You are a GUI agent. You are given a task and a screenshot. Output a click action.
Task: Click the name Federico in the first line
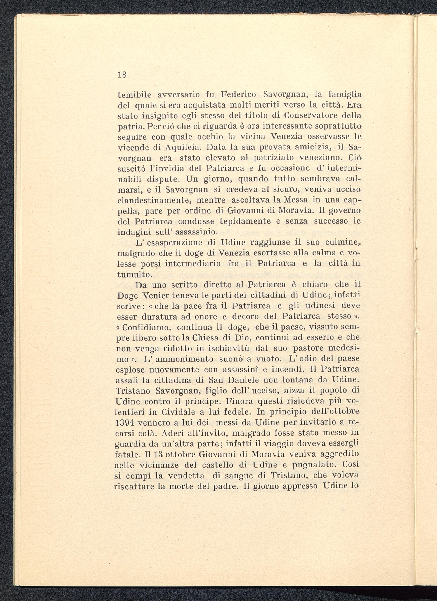239,94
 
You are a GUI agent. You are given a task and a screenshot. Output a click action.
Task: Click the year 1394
126,423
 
